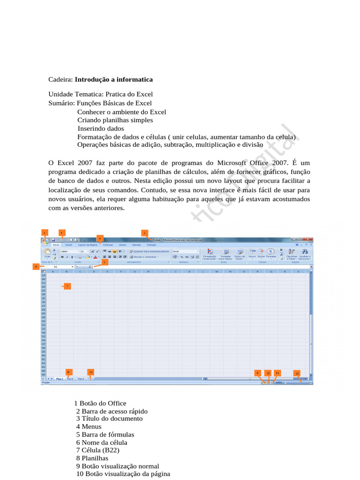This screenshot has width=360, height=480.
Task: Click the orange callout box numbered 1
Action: click(x=45, y=232)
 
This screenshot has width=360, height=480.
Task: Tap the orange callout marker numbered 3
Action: click(x=144, y=232)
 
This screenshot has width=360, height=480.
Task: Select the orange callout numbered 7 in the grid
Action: click(x=67, y=286)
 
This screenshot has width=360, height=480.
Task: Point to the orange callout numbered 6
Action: click(x=36, y=266)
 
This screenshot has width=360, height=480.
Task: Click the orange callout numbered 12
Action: click(x=297, y=373)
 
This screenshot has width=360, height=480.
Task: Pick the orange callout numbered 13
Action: click(x=91, y=372)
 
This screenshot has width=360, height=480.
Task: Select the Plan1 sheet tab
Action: click(x=60, y=378)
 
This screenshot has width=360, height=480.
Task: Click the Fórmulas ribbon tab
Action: click(x=108, y=245)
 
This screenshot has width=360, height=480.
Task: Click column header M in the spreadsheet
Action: click(x=217, y=271)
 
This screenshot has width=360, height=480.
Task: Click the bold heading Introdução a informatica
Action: click(x=114, y=80)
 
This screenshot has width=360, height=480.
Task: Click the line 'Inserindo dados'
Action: click(x=101, y=128)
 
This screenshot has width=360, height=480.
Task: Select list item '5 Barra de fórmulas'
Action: click(x=105, y=435)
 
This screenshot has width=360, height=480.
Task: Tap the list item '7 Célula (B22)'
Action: click(x=98, y=450)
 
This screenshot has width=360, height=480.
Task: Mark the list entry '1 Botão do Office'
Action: click(x=100, y=403)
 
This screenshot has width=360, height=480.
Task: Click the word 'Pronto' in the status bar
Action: click(x=46, y=382)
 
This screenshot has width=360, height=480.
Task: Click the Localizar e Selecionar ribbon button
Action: click(x=305, y=255)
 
